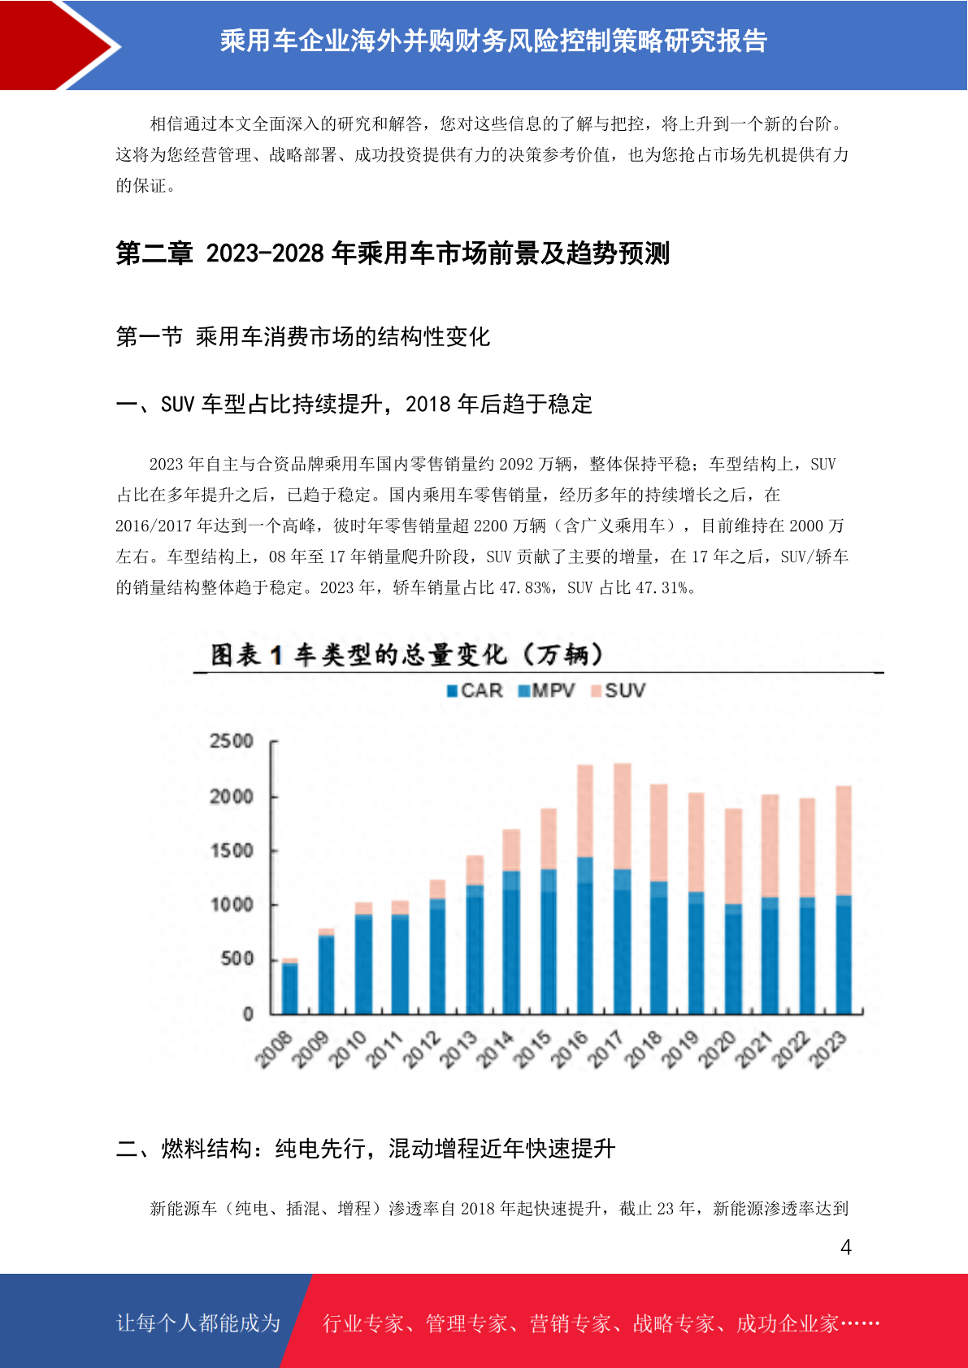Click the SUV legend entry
(618, 690)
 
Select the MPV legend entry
(546, 690)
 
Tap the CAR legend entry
(475, 690)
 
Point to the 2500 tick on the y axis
(231, 741)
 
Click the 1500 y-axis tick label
(231, 851)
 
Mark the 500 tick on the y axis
(237, 959)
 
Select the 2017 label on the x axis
(606, 1049)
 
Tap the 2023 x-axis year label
(827, 1049)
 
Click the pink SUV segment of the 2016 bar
(585, 811)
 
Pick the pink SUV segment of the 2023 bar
(844, 840)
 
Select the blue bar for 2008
(289, 989)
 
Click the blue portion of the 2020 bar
(733, 959)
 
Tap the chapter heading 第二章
(154, 253)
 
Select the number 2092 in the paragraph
(516, 464)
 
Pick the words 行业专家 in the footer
(363, 1323)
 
